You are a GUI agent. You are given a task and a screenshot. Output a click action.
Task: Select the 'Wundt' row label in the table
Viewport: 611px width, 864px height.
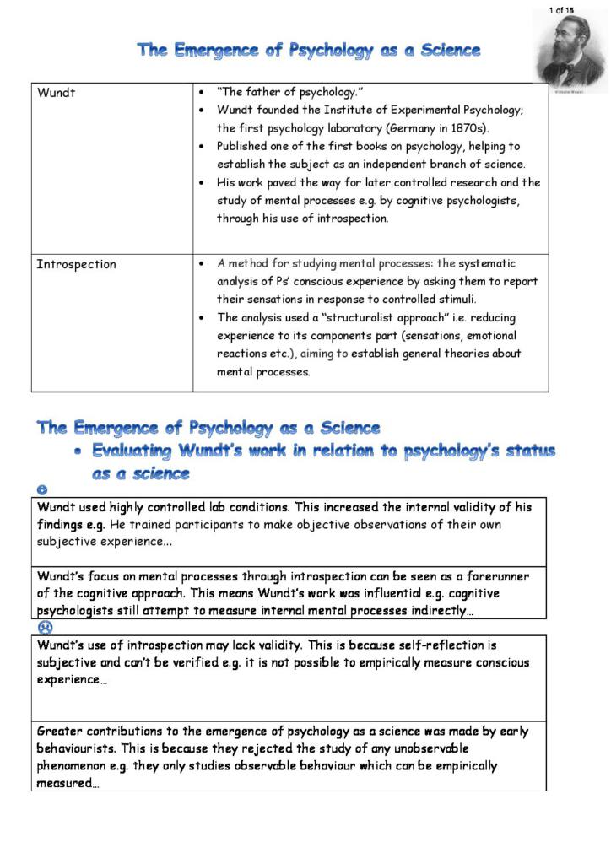pos(56,93)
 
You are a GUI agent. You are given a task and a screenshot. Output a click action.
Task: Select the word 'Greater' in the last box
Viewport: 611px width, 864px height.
pos(62,732)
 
